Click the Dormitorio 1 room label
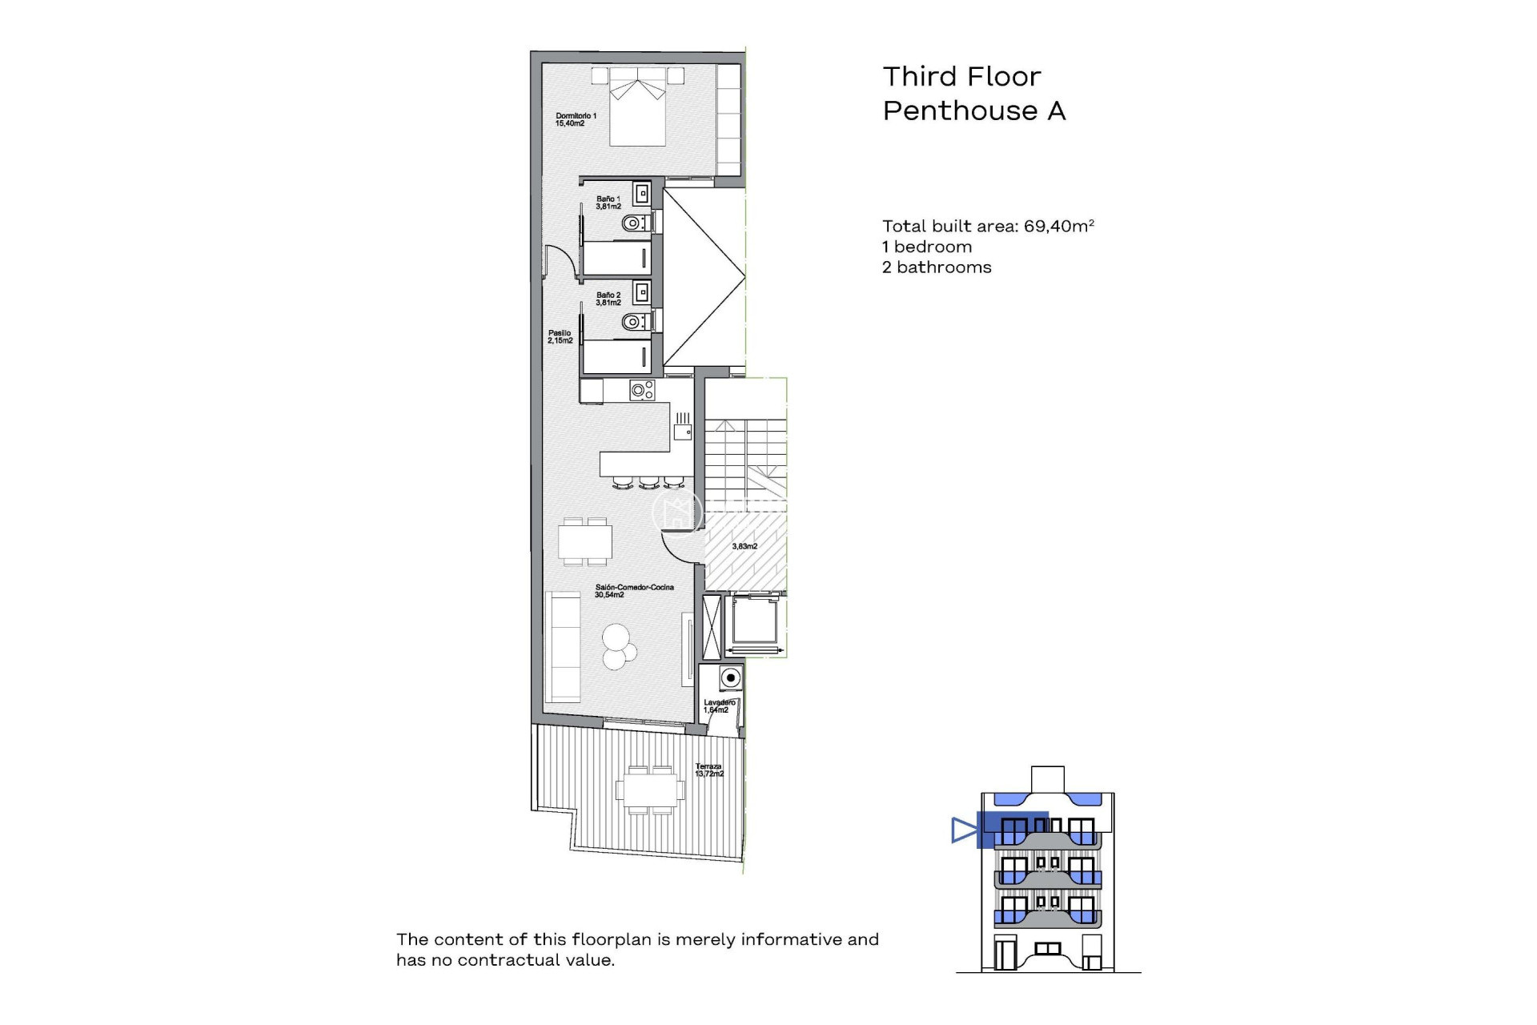(575, 120)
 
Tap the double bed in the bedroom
(638, 108)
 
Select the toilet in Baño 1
(633, 223)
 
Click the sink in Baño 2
(642, 291)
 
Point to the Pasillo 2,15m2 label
(560, 337)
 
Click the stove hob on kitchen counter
(642, 391)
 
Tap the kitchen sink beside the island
(682, 432)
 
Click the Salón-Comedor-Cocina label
(633, 591)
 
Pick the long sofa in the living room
(563, 647)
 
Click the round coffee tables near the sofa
(619, 647)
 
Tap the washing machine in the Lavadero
(729, 678)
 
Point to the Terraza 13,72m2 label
(708, 770)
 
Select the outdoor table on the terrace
(650, 790)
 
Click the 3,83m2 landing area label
(744, 546)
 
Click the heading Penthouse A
(973, 111)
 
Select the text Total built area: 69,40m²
(987, 227)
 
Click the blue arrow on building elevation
(964, 830)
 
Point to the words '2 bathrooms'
(936, 267)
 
